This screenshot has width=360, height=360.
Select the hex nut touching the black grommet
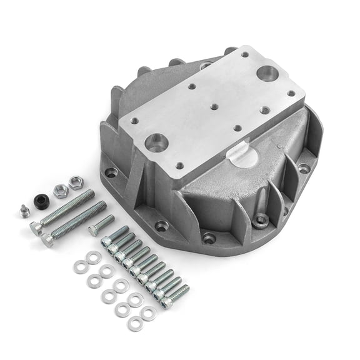coord(60,191)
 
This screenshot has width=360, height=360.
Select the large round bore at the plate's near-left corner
coord(156,143)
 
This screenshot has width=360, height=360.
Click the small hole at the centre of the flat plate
coord(212,107)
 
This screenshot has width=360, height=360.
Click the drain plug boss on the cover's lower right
coord(259,220)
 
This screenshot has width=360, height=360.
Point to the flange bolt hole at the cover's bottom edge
coord(209,238)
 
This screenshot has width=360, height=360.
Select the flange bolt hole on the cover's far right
coord(304,167)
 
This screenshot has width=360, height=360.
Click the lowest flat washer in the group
coord(135,324)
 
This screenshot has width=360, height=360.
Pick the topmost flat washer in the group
coord(94,256)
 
